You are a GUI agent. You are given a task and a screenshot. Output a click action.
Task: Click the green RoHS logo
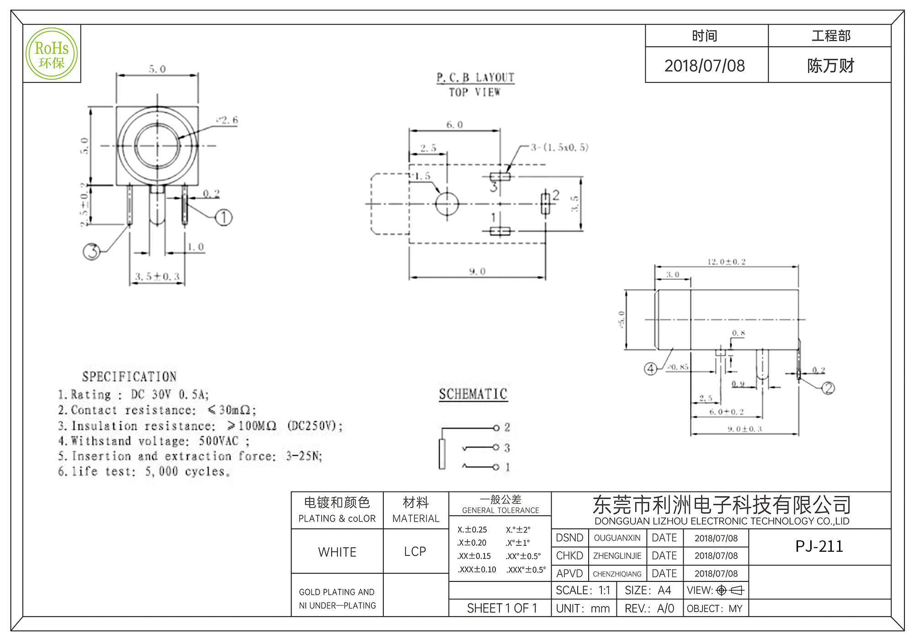(x=52, y=54)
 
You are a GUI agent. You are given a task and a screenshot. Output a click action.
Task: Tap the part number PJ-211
(x=819, y=546)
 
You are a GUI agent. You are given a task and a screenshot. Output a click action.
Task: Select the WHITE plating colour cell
(x=337, y=552)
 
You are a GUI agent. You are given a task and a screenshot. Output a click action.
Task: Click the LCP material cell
(x=415, y=551)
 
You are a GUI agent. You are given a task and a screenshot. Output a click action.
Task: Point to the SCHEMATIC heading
(x=473, y=394)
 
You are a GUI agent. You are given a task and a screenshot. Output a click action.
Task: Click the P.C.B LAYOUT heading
(x=475, y=78)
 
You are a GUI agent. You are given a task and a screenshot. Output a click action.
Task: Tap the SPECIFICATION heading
(x=129, y=377)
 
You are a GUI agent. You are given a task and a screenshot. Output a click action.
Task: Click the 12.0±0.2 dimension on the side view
(x=726, y=262)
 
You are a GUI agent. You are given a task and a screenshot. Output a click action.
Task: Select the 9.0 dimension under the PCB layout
(x=477, y=272)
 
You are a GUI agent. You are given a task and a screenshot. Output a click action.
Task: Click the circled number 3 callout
(x=92, y=251)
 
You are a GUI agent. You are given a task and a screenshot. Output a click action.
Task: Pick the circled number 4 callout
(x=650, y=368)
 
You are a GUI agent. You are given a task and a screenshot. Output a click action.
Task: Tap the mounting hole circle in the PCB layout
(x=447, y=203)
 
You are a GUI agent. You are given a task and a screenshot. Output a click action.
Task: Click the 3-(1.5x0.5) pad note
(x=559, y=147)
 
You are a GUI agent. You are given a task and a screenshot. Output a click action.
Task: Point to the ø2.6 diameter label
(x=228, y=120)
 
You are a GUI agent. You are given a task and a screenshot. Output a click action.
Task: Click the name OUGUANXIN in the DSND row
(x=617, y=538)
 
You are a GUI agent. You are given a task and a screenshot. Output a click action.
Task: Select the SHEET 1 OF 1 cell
(x=502, y=608)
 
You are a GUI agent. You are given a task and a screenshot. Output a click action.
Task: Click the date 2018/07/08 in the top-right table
(x=704, y=66)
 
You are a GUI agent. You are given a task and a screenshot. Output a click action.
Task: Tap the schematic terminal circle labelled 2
(x=496, y=428)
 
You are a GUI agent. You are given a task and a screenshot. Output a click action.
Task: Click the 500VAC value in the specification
(x=218, y=441)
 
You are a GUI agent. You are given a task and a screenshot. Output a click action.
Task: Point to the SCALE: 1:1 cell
(x=583, y=591)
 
